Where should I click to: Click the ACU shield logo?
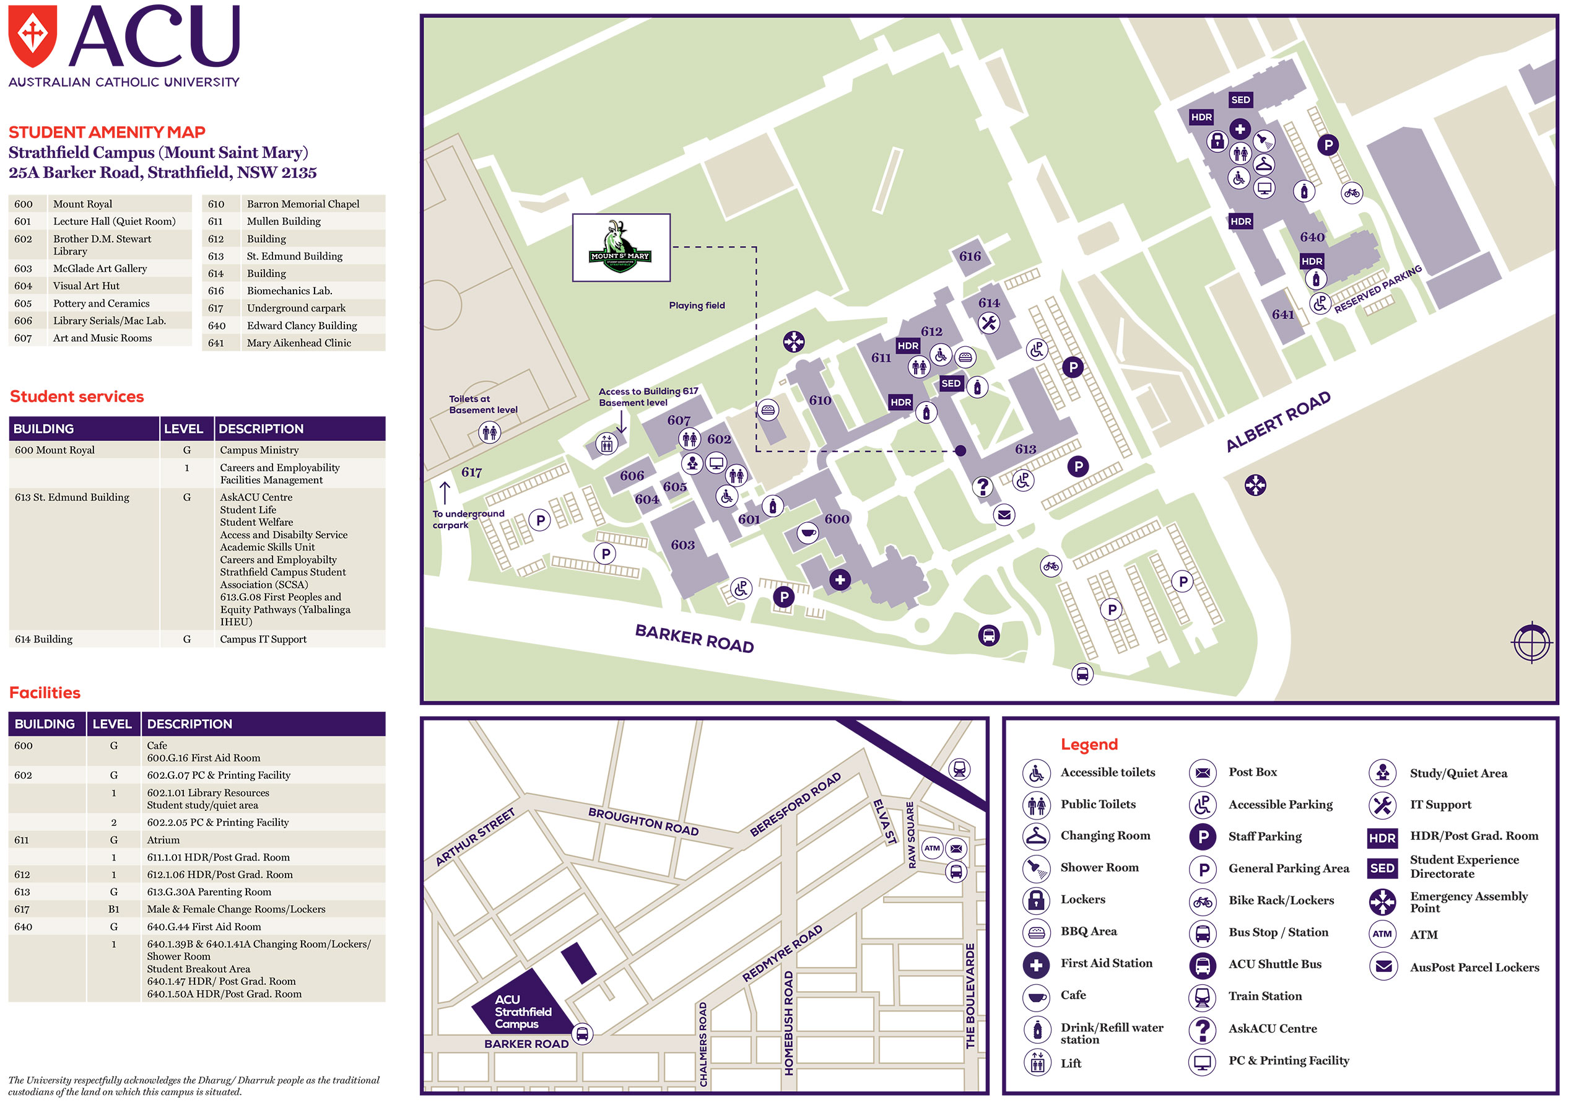32,36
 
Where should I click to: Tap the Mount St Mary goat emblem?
620,247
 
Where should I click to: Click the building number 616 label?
969,256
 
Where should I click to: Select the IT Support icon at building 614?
988,323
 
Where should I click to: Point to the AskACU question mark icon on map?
982,487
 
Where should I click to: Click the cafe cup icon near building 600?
808,533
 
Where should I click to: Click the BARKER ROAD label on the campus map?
694,639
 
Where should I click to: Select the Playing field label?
697,305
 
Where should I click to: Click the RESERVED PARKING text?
1378,289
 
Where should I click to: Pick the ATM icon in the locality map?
931,848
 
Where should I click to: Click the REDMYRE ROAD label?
782,953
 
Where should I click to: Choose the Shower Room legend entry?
1099,867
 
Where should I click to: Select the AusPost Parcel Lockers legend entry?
1474,968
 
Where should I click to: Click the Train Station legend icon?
1202,996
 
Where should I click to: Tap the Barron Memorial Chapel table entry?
303,204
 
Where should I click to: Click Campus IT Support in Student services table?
263,639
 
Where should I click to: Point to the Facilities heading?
45,692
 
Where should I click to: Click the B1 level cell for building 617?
113,909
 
